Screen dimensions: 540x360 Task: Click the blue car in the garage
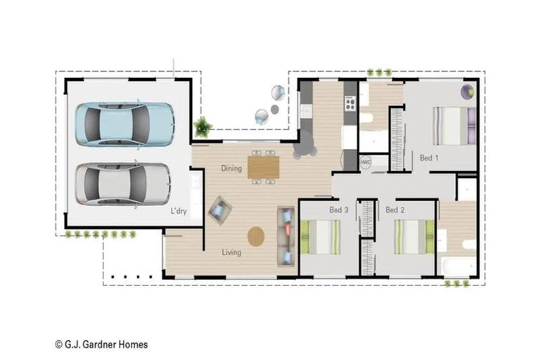tap(124, 124)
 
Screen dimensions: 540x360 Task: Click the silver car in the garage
tap(123, 184)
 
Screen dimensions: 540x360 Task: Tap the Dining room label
tap(231, 169)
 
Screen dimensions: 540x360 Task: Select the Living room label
tap(231, 252)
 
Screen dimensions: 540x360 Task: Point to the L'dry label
tap(179, 211)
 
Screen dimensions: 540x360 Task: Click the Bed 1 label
tap(429, 158)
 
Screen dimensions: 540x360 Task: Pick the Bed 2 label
tap(395, 210)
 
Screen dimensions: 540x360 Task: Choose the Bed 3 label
tap(339, 210)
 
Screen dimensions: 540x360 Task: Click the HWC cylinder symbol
tap(366, 162)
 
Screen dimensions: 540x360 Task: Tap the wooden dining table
tap(264, 167)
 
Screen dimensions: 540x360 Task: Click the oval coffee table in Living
tap(256, 236)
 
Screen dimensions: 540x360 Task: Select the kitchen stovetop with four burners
tap(350, 103)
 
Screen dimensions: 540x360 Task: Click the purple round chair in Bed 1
tap(468, 91)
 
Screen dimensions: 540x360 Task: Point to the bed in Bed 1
tap(455, 126)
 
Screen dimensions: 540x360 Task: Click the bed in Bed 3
tap(321, 237)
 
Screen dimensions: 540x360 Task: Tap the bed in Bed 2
tap(414, 237)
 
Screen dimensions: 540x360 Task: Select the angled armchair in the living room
tap(219, 210)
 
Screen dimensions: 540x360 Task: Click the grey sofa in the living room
tap(286, 236)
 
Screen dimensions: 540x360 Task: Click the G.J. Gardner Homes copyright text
tap(101, 345)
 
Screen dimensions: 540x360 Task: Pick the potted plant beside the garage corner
tap(202, 127)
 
